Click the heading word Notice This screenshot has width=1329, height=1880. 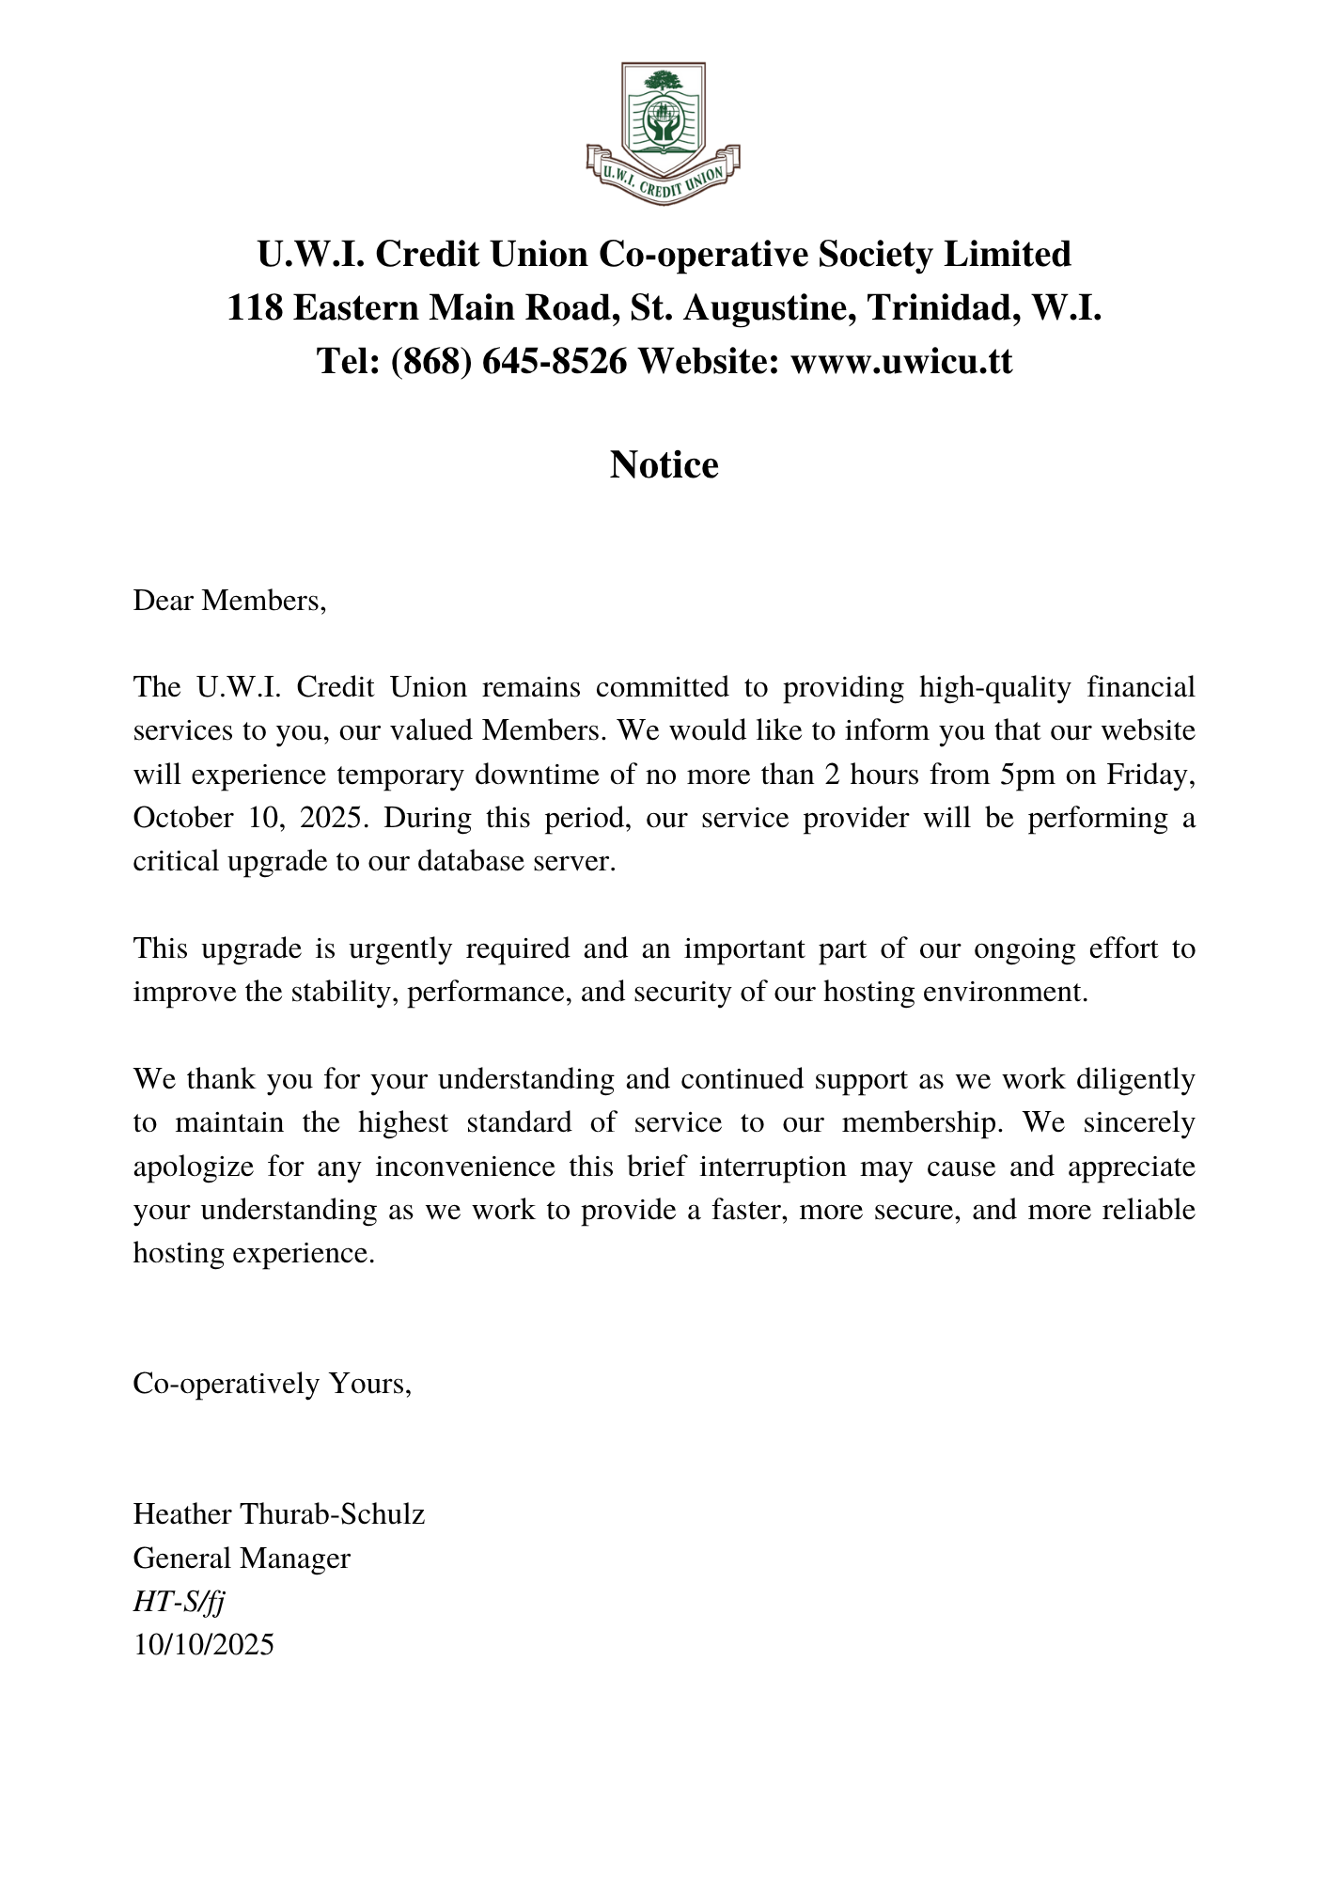click(x=664, y=465)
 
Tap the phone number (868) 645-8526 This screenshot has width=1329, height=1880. click(x=508, y=361)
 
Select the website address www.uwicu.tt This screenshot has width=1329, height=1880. click(x=901, y=361)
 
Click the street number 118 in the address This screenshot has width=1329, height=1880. click(x=255, y=307)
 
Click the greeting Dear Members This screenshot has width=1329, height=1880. click(x=229, y=600)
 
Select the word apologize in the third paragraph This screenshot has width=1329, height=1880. click(x=193, y=1167)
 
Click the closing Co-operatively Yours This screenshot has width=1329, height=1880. click(x=273, y=1384)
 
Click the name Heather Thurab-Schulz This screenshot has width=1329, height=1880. click(x=279, y=1514)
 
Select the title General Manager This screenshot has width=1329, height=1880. click(x=242, y=1559)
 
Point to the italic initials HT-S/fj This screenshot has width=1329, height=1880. click(x=179, y=1602)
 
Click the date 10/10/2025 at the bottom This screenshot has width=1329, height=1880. click(x=203, y=1645)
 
